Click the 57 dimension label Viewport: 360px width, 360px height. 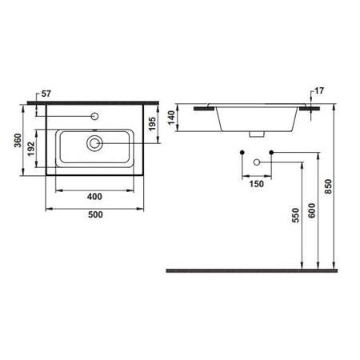coord(46,94)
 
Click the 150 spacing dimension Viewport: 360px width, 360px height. coord(256,183)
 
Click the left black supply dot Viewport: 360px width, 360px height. coord(240,151)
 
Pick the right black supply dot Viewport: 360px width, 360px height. coord(272,151)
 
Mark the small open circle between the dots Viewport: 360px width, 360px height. coord(256,162)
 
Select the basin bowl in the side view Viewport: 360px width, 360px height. coord(256,118)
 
